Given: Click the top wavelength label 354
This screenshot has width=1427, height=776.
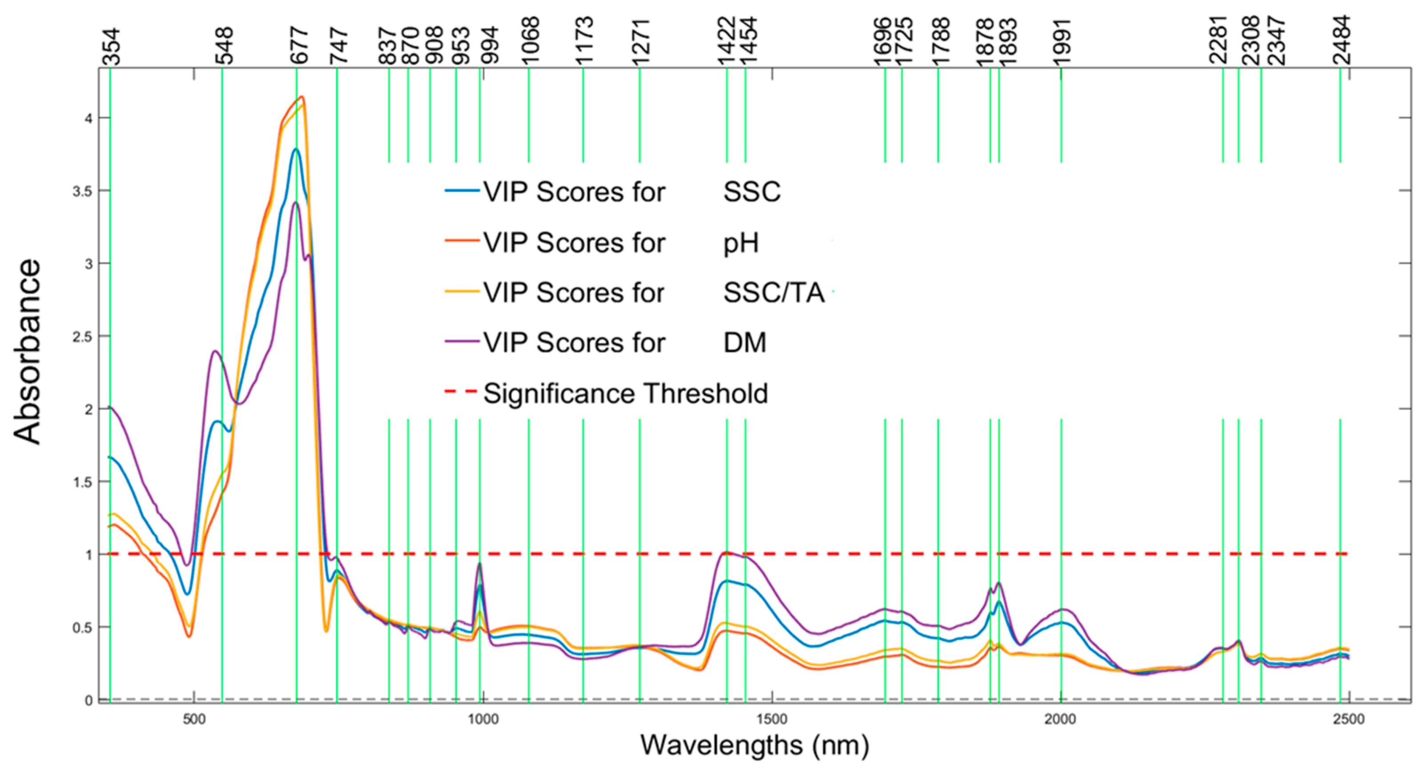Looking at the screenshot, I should [x=111, y=47].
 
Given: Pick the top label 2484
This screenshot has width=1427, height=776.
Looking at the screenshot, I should [x=1342, y=41].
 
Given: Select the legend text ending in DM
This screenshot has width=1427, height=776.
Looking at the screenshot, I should [x=607, y=342].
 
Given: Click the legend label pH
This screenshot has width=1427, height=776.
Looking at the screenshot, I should [x=740, y=243].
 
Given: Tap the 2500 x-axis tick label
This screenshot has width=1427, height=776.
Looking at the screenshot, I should [x=1348, y=719].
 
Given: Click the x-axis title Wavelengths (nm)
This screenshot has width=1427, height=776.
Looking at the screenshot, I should [x=755, y=745].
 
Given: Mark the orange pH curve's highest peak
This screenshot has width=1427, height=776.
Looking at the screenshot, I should [x=302, y=97].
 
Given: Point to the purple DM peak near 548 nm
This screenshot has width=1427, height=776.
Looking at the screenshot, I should [x=215, y=351].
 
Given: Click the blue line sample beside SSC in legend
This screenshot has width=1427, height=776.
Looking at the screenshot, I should [x=462, y=191].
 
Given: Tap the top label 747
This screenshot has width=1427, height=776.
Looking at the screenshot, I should [x=338, y=47].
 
